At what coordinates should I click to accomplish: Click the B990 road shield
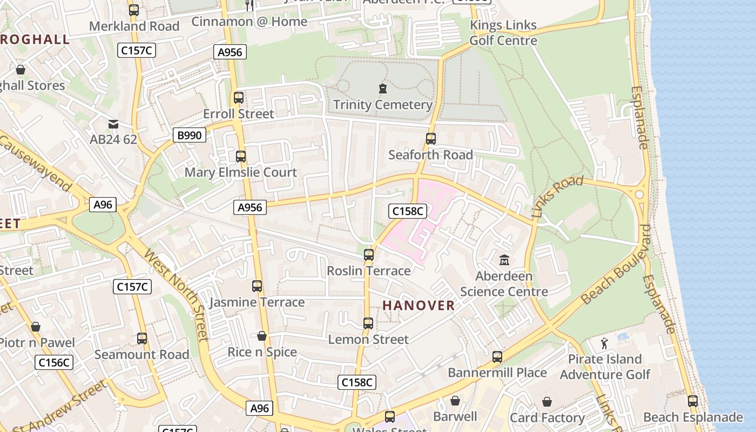tap(189, 135)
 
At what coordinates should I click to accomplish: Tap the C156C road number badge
tap(54, 362)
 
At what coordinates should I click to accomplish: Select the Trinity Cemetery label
tap(383, 104)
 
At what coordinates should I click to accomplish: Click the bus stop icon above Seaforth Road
tap(430, 139)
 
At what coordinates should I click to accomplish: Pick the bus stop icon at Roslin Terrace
tap(369, 254)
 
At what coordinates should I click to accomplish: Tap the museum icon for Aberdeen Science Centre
tap(504, 260)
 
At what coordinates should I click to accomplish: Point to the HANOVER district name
tap(418, 306)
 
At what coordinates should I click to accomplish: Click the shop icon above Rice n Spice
tap(262, 336)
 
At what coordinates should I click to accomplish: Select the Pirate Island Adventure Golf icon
tap(604, 343)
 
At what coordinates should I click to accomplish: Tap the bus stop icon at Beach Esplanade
tap(693, 401)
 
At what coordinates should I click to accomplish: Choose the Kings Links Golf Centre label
tap(503, 33)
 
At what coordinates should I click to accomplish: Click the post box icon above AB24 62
tap(113, 125)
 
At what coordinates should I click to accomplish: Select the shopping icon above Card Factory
tap(547, 402)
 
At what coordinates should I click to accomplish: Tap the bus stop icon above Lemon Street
tap(368, 323)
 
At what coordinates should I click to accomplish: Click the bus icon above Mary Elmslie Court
tap(241, 157)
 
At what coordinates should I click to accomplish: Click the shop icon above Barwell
tap(455, 401)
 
